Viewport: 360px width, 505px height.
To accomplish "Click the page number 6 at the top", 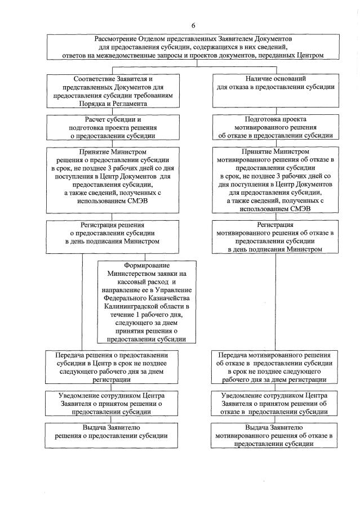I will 193,26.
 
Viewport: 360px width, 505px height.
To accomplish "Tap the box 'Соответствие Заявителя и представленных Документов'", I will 117,91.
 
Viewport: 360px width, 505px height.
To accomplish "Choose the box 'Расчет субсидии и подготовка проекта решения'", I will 117,128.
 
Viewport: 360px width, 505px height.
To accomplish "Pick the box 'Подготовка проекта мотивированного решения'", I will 275,128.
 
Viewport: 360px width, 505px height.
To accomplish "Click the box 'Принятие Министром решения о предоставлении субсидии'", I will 117,180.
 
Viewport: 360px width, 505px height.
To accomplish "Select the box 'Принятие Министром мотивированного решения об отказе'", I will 275,180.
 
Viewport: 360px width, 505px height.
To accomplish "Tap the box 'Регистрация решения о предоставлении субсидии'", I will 117,233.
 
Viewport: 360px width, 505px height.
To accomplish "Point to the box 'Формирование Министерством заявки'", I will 149,302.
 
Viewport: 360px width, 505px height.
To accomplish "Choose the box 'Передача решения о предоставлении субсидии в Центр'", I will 117,368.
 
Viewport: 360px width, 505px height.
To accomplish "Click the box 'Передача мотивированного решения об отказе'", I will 275,368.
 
